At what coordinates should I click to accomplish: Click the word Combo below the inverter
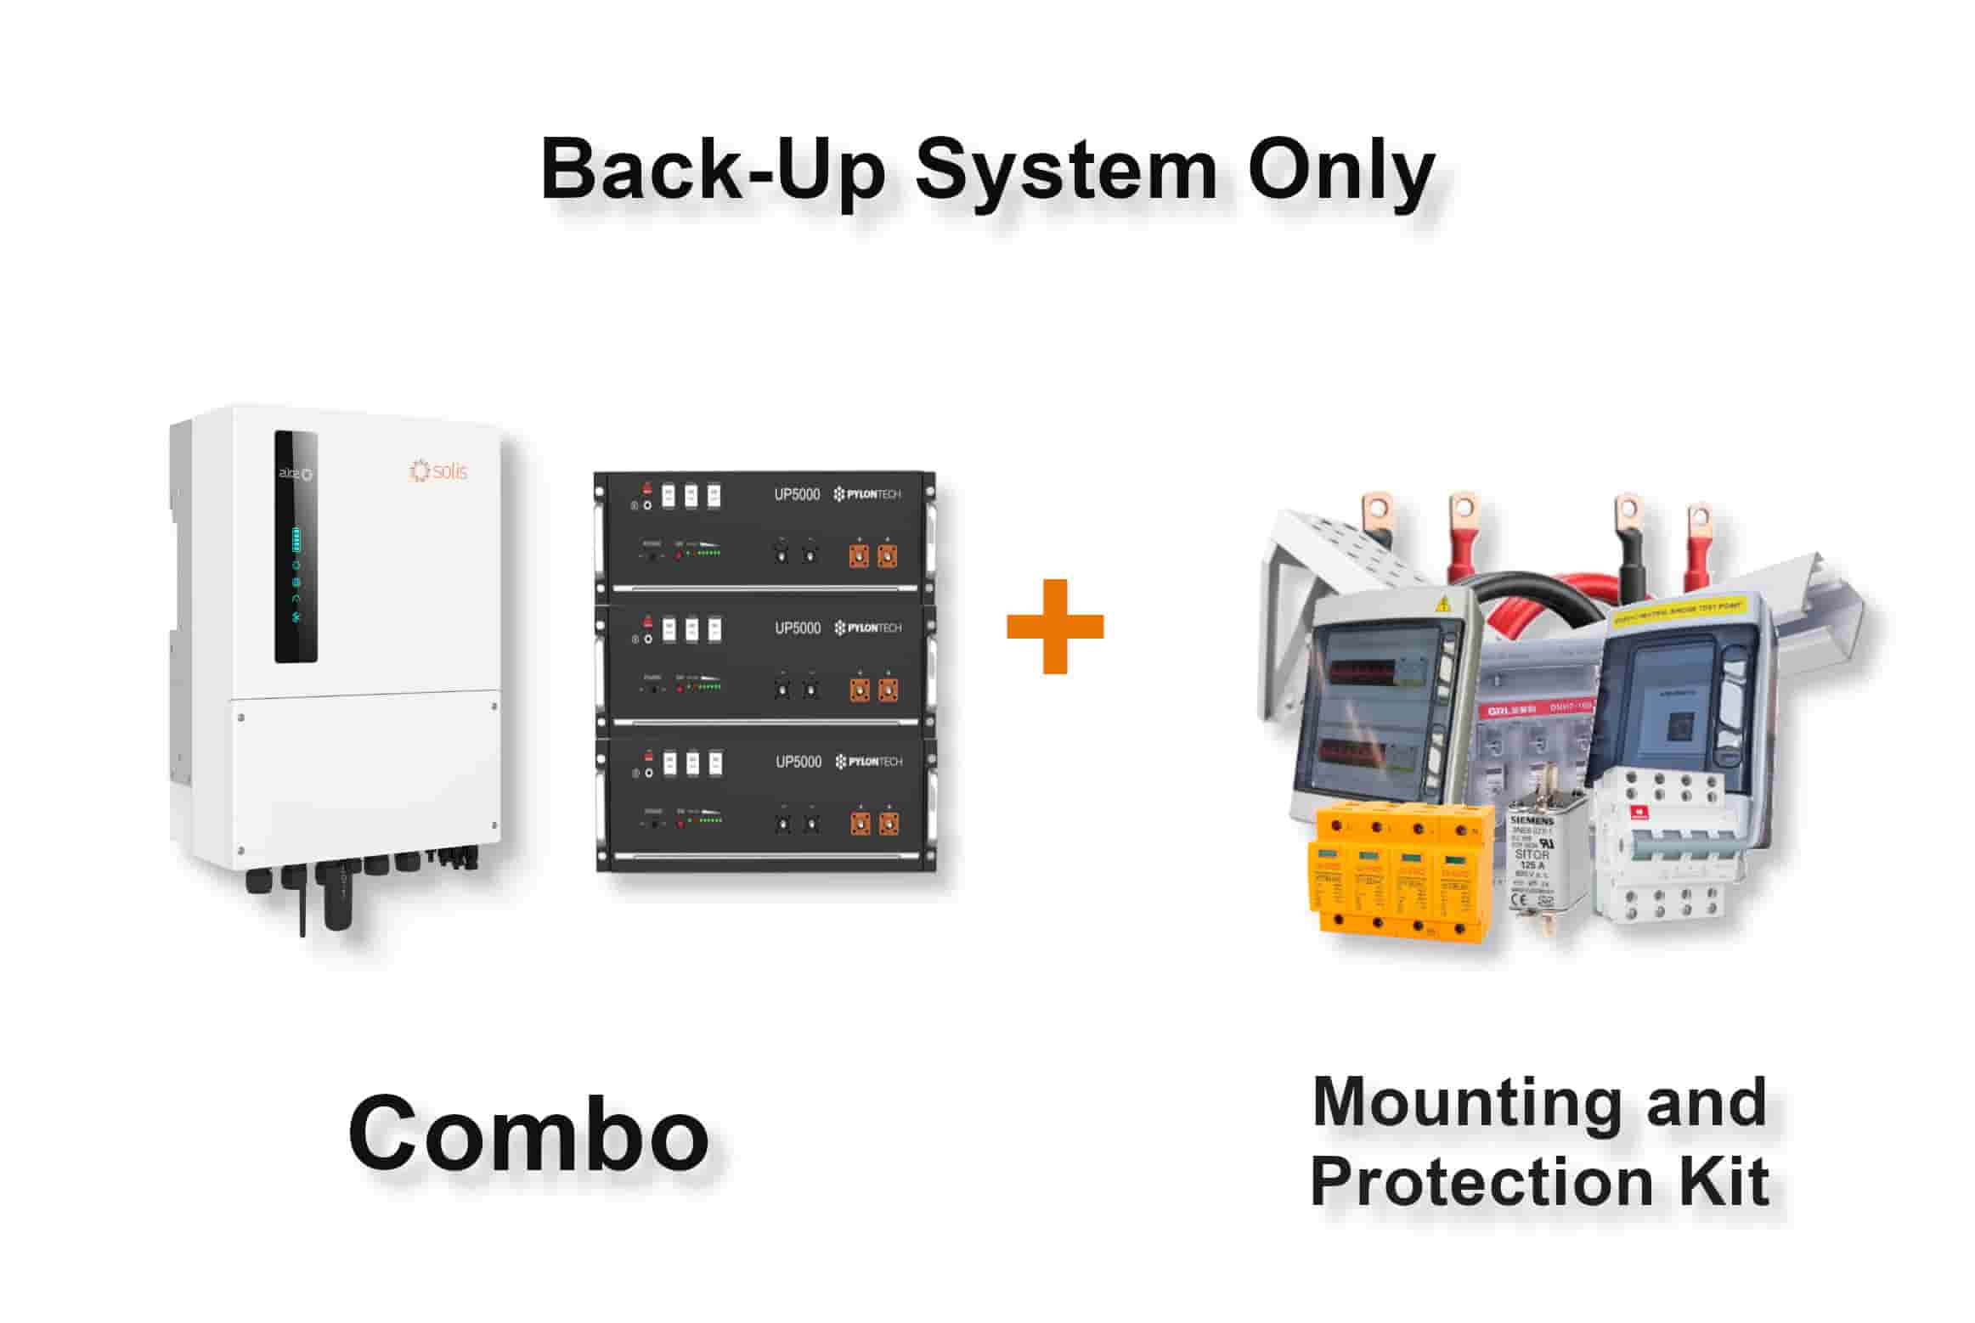(528, 1134)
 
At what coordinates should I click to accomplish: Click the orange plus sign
(1054, 627)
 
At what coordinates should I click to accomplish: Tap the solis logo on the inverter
(438, 470)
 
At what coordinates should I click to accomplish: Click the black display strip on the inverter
(296, 547)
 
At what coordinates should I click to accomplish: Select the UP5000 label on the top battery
(797, 495)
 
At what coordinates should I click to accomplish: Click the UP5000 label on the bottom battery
(798, 762)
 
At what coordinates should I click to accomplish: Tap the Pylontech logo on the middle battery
(867, 628)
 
